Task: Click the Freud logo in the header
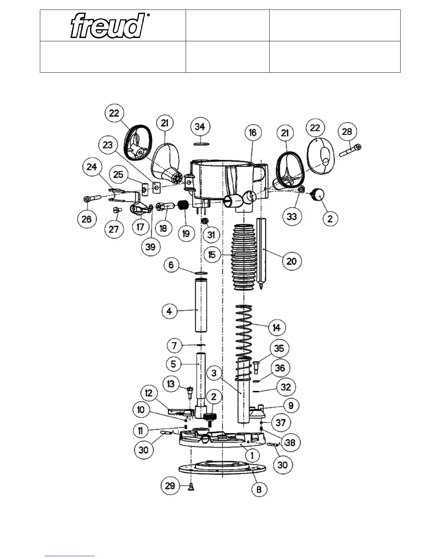(108, 25)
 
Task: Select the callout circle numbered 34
(200, 127)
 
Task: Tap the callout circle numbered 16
(253, 133)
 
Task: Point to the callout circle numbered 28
(347, 132)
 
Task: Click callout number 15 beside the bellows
(212, 254)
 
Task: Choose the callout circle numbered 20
(292, 261)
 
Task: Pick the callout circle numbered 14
(277, 328)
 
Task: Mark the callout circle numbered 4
(169, 312)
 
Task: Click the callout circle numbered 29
(170, 486)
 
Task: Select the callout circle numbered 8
(259, 489)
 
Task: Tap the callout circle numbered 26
(87, 219)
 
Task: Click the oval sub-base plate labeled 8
(222, 469)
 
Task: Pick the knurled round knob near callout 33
(318, 194)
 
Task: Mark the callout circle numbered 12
(149, 392)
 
